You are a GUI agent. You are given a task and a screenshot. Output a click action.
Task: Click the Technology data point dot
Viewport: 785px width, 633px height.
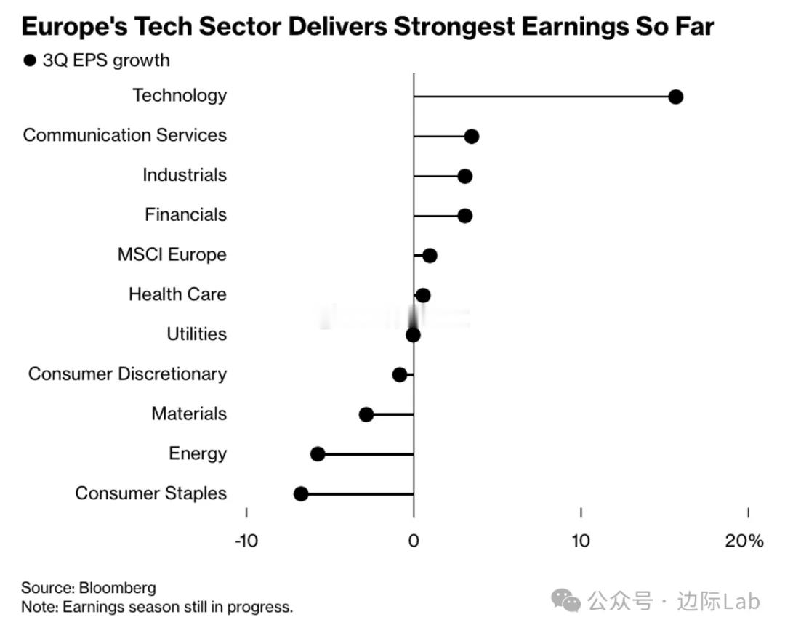coord(675,97)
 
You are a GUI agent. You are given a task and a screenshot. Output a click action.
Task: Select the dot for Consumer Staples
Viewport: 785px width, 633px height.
coord(301,494)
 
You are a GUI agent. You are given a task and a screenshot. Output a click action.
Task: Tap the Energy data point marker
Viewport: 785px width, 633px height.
coord(318,454)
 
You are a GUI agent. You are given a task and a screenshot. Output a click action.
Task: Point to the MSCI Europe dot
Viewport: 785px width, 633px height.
coord(430,256)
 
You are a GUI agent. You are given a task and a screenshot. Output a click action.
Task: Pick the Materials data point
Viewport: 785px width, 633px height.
coord(366,414)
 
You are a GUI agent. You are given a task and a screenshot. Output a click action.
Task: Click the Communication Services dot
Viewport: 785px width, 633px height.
coord(471,136)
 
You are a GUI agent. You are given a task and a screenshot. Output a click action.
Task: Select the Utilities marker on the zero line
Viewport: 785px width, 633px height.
coord(413,335)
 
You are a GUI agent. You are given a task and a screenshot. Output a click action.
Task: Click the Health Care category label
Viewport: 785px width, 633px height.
coord(177,294)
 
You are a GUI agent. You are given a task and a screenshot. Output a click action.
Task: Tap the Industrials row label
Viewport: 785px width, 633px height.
coord(185,175)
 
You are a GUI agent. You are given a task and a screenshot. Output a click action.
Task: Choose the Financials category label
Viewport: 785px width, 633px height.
coord(185,215)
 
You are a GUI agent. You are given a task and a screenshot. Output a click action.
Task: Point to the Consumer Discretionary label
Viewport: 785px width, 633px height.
coord(127,374)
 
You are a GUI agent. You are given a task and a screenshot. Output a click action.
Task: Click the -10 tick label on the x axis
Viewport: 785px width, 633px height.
coord(246,541)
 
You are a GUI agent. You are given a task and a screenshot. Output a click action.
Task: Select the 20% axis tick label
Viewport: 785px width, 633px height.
coord(744,541)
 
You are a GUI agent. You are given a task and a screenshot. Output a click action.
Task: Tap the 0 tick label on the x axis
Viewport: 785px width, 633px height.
coord(414,541)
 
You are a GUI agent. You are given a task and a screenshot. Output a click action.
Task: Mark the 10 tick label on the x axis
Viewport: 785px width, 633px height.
coord(580,541)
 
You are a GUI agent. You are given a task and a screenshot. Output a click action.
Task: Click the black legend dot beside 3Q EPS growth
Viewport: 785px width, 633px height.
coord(30,60)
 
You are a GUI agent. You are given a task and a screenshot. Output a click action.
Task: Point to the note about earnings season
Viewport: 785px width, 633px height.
coord(157,607)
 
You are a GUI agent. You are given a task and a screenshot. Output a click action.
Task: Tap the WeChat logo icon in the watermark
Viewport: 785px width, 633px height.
coord(565,600)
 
